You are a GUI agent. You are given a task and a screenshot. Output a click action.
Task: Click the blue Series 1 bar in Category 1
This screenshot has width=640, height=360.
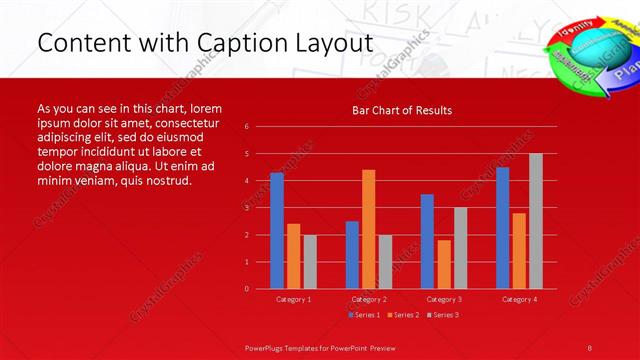pos(277,231)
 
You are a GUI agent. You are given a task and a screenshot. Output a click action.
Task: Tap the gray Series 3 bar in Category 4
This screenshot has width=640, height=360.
pos(535,221)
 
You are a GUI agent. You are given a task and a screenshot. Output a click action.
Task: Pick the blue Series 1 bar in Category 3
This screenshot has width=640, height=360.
pos(427,241)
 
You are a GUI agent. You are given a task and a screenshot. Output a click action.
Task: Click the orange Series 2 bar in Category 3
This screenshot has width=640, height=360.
pos(443,264)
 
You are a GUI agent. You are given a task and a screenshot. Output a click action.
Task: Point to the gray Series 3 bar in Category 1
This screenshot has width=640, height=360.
pos(310,262)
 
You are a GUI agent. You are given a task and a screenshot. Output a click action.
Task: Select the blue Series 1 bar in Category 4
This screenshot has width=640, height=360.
pos(502,228)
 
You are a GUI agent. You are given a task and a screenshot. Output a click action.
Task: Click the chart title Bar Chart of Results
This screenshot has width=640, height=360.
pos(401,110)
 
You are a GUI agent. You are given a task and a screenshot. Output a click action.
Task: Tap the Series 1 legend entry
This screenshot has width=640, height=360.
pos(363,315)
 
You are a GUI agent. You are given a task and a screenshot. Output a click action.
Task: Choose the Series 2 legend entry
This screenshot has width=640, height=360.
pos(402,315)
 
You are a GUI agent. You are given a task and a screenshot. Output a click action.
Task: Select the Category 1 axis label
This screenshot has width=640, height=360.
pos(293,299)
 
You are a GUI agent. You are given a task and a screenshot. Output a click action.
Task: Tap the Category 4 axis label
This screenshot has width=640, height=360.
pos(518,299)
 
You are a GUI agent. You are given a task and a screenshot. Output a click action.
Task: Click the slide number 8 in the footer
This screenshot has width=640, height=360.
pos(590,346)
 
